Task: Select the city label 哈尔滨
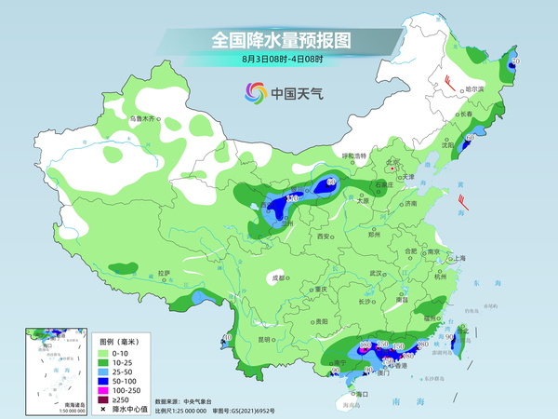(474, 88)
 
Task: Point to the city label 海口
(363, 394)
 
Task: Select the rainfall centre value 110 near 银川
(292, 198)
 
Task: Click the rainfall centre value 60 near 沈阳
(470, 138)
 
